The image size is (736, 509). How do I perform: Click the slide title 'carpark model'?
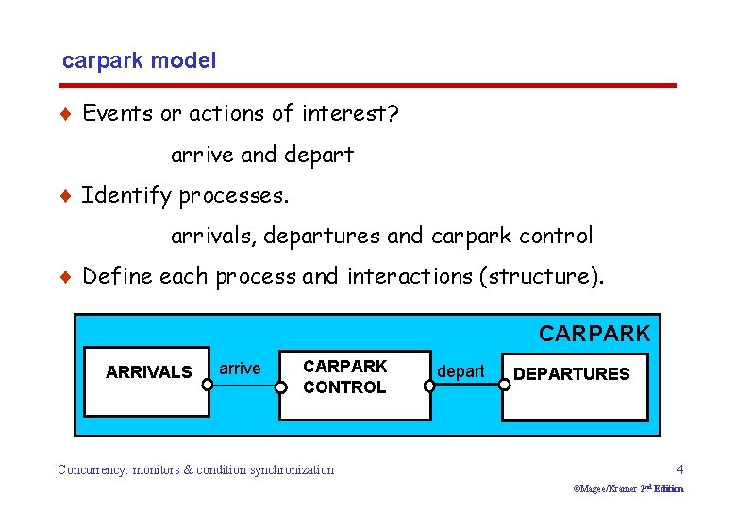139,61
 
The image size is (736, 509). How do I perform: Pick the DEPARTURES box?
576,386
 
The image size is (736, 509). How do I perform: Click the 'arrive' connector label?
240,369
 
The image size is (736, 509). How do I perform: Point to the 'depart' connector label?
460,371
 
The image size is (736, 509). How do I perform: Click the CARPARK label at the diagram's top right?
594,333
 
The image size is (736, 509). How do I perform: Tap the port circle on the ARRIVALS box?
208,385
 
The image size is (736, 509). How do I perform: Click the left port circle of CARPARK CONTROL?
280,385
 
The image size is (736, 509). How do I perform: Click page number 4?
679,469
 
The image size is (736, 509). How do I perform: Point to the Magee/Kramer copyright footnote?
628,489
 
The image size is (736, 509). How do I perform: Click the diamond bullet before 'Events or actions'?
64,114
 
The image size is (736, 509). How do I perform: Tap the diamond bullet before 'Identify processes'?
64,196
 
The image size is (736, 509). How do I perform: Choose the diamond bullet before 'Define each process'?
64,277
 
